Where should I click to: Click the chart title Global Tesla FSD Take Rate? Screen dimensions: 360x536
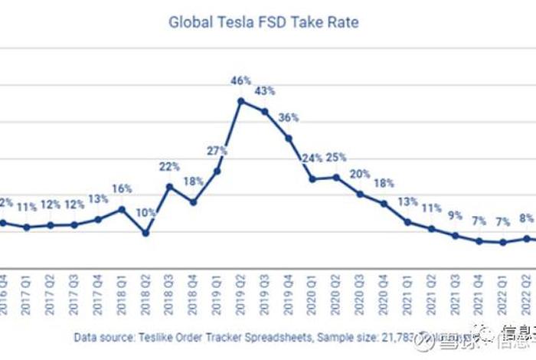(x=263, y=21)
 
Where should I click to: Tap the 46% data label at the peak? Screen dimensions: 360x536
(x=242, y=80)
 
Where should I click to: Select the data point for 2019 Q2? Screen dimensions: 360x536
(x=241, y=100)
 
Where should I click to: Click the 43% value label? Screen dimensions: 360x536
(x=265, y=91)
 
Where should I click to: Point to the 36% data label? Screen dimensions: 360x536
(x=289, y=117)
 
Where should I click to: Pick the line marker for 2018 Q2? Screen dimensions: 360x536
(x=145, y=232)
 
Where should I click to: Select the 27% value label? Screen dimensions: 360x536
(x=217, y=150)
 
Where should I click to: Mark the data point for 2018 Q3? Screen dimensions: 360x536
(x=169, y=186)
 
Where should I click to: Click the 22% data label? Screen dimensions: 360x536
(x=169, y=165)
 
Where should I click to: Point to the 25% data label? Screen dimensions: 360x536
(x=336, y=157)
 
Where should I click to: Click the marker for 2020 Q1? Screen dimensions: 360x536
(x=312, y=178)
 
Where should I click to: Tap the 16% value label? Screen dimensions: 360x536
(x=122, y=188)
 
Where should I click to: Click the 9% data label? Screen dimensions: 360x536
(x=456, y=215)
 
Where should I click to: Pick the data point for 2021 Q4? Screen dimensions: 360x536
(x=479, y=241)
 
